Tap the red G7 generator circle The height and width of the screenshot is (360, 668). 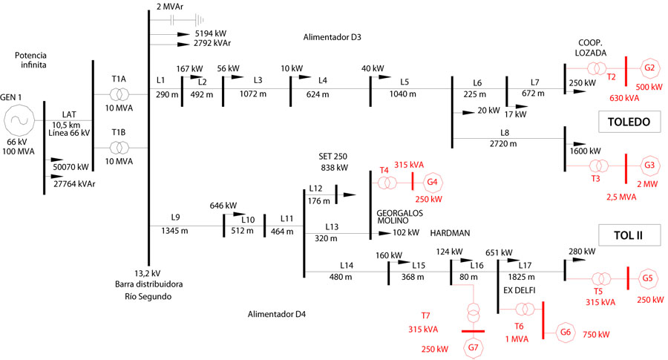tap(473, 347)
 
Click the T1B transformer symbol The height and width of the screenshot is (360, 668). tap(119, 146)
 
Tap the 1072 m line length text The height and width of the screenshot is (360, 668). tap(258, 94)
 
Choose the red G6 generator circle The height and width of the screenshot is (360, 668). tap(566, 333)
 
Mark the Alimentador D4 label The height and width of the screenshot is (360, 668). tap(277, 315)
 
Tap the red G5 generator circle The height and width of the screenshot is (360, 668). tap(648, 279)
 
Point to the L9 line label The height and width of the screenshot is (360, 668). tap(175, 217)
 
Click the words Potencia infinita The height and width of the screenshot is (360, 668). tap(33, 61)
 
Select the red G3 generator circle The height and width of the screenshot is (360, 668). tap(649, 165)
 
